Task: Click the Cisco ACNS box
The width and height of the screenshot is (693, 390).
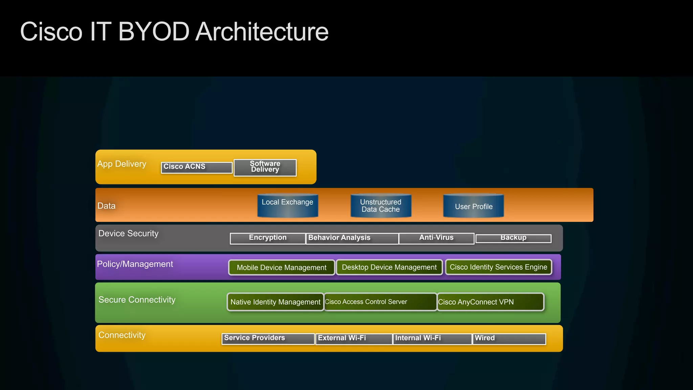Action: click(197, 167)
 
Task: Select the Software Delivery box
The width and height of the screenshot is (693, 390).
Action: click(265, 167)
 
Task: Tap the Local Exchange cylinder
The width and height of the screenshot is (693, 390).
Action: click(288, 205)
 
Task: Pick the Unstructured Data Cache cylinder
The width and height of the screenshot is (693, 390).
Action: click(381, 205)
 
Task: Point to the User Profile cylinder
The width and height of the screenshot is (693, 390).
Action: click(473, 205)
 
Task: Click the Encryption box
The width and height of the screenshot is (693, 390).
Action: click(268, 238)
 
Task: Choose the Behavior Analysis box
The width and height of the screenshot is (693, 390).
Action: click(352, 238)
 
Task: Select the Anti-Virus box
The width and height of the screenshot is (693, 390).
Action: click(436, 238)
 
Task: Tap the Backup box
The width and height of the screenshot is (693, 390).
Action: click(513, 238)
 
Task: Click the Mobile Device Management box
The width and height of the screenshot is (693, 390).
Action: click(282, 268)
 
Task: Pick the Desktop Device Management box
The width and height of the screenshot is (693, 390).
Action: click(389, 267)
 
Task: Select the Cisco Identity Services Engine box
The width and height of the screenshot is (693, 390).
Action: click(498, 267)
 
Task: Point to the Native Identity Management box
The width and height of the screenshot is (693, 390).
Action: click(275, 302)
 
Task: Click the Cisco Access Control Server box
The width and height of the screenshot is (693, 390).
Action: click(380, 302)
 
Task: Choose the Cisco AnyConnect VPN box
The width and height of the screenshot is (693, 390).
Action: click(490, 302)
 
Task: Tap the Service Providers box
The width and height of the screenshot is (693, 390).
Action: click(268, 339)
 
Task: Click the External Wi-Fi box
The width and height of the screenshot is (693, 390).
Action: click(354, 339)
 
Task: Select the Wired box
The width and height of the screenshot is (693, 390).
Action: click(509, 339)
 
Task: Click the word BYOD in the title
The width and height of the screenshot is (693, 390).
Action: click(154, 32)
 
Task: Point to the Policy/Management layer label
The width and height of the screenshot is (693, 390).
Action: click(135, 264)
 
